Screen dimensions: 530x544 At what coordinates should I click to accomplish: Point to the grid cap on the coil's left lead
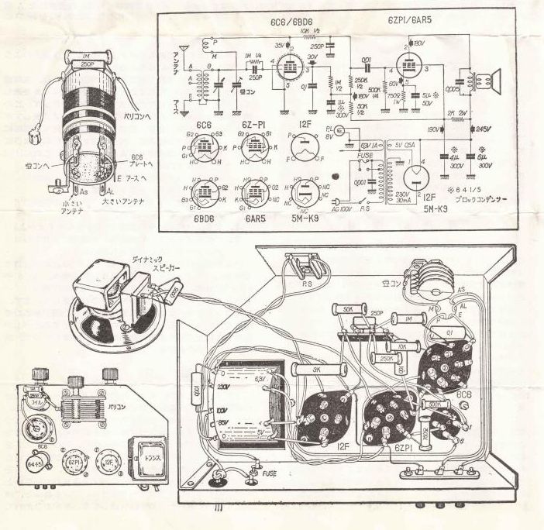[36, 143]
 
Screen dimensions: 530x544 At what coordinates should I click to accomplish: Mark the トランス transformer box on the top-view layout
[145, 458]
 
